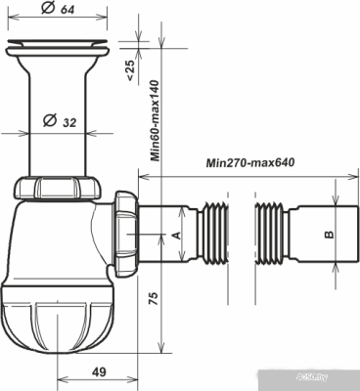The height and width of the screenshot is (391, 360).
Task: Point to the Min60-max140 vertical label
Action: [x=155, y=120]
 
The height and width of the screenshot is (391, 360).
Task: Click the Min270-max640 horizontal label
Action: [x=248, y=163]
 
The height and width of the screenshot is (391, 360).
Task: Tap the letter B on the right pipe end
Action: [x=329, y=236]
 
